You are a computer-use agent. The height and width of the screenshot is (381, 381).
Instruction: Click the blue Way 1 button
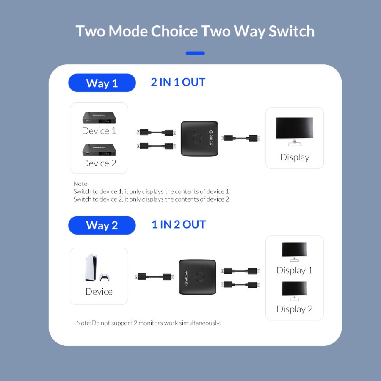click(x=102, y=83)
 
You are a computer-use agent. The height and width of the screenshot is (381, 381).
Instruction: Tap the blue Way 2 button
click(x=102, y=225)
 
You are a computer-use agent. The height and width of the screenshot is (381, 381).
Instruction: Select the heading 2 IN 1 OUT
click(x=178, y=82)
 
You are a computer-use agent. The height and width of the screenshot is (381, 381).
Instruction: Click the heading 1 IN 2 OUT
click(x=178, y=224)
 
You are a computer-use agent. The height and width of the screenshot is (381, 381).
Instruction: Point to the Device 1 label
click(x=99, y=131)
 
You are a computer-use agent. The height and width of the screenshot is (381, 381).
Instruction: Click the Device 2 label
click(x=99, y=163)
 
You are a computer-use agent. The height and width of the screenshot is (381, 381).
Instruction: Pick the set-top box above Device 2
click(x=99, y=150)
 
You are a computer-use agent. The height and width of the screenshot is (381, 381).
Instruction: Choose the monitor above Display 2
click(x=294, y=291)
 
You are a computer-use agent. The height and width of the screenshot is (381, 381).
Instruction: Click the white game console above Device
click(x=91, y=268)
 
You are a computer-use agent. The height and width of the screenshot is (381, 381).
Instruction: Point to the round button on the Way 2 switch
click(x=199, y=278)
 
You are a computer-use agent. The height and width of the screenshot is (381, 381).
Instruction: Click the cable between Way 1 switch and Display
click(x=242, y=138)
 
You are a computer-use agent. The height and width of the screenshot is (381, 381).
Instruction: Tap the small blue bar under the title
click(x=195, y=53)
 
